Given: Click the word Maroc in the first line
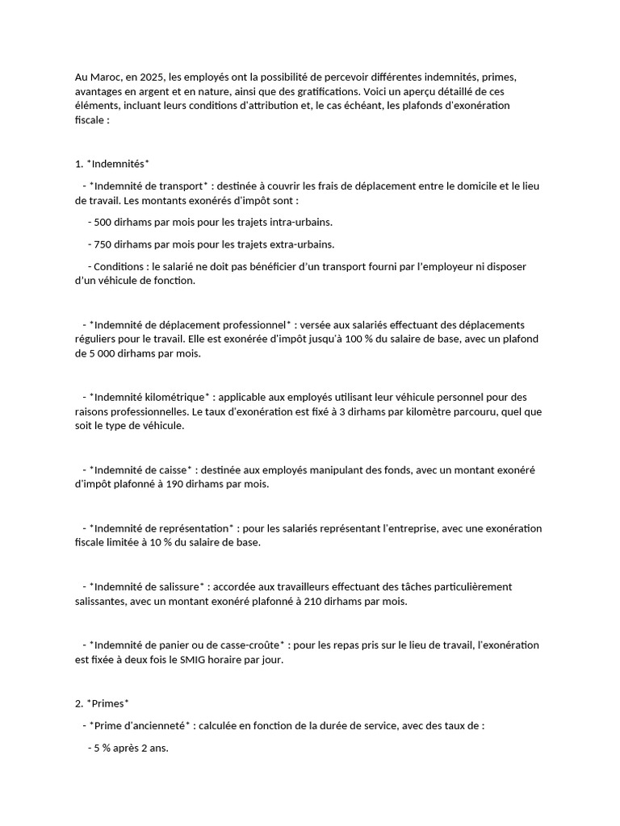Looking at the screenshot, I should click(x=104, y=77).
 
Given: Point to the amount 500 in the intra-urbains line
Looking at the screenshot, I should click(x=104, y=222).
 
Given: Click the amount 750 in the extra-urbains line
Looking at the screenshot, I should click(x=104, y=244).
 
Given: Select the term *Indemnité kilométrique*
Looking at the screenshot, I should click(x=150, y=397).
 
